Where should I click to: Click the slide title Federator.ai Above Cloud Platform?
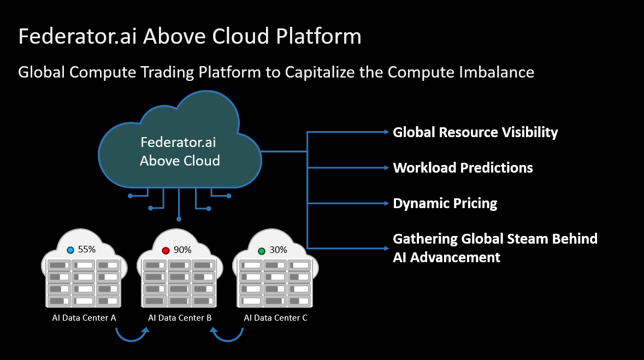[190, 37]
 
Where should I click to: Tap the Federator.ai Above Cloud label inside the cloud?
[179, 151]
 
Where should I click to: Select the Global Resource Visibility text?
[475, 132]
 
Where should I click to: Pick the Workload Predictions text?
[463, 168]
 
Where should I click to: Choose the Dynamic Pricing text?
[445, 204]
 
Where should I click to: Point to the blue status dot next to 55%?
[70, 250]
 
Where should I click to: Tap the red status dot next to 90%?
[166, 250]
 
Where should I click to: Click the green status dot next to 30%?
[261, 251]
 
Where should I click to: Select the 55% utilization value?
[87, 250]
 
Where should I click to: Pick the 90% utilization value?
[182, 250]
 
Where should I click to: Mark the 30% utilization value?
[278, 250]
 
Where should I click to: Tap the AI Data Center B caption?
[180, 317]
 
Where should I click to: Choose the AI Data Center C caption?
[275, 317]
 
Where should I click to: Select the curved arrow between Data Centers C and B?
[228, 336]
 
